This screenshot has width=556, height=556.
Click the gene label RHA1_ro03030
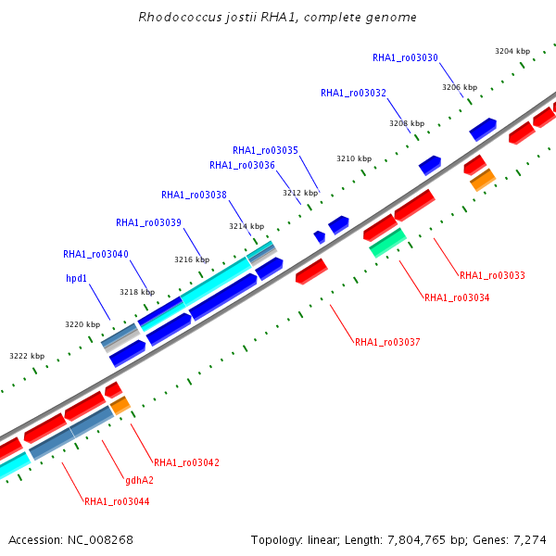coord(405,57)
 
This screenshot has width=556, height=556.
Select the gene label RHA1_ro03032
coord(353,93)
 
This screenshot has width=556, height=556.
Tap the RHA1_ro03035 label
coord(265,150)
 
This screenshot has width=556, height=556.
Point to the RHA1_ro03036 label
coord(242,165)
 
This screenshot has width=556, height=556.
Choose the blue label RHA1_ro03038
coord(194,195)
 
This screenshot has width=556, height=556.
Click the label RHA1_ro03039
coord(148,222)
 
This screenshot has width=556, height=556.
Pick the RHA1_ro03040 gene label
coord(95,254)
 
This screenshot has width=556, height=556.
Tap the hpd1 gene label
coord(76,278)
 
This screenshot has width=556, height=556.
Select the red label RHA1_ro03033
coord(492,275)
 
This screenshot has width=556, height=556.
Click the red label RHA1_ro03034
coord(457,297)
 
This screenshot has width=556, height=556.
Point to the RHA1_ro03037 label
coord(387,342)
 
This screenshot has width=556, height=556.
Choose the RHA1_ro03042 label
coord(186,462)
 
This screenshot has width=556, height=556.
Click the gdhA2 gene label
coord(139,480)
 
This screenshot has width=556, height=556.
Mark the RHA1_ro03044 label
coord(117,501)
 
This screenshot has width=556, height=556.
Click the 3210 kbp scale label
coord(354,158)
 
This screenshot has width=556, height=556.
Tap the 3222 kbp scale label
coord(27,356)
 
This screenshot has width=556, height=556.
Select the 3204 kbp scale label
coord(512,51)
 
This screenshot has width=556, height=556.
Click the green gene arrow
coord(387,243)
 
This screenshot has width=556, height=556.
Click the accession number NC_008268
coord(100,540)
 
